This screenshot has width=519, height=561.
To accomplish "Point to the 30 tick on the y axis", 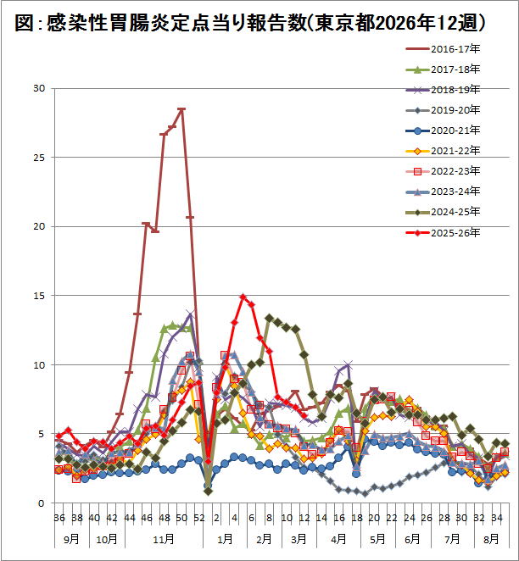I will [39, 88].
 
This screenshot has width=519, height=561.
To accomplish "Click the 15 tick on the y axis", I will [39, 296].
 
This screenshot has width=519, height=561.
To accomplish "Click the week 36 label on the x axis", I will [59, 518].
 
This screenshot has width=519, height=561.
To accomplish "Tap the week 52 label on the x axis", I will [199, 518].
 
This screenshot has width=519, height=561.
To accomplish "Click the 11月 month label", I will [165, 537].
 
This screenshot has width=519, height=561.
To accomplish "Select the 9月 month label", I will [71, 537].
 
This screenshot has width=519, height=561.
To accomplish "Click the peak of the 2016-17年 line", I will [181, 109].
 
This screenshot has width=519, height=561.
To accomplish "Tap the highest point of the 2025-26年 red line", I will [243, 297].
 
